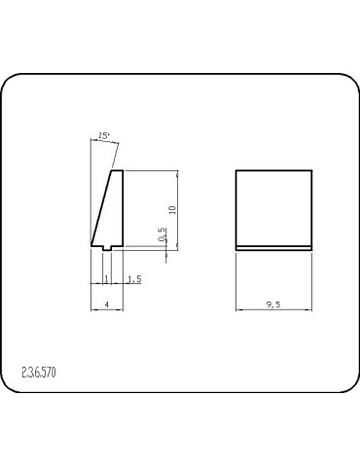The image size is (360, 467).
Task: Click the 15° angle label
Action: (104, 137)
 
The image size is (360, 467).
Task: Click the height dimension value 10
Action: (171, 209)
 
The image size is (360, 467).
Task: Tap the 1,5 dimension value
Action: (134, 279)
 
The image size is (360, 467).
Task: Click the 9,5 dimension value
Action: (273, 305)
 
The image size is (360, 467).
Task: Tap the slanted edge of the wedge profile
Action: (102, 207)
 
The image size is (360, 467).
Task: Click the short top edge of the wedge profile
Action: (118, 171)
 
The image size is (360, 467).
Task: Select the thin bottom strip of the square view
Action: (274, 246)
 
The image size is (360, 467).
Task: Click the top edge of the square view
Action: (274, 171)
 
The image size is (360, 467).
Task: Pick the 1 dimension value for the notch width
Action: (105, 279)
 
